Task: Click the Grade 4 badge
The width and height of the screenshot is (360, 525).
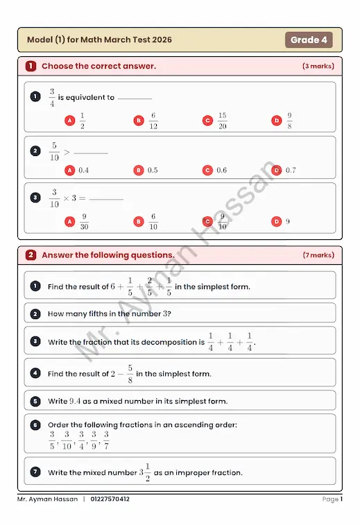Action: pos(309,40)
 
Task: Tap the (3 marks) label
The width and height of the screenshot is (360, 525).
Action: pos(318,66)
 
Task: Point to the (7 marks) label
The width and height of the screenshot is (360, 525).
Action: pos(318,255)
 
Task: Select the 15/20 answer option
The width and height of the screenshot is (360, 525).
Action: pos(222,121)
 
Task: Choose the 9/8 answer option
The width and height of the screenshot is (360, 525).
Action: pos(289,121)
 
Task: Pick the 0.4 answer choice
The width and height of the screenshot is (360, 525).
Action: pos(83,170)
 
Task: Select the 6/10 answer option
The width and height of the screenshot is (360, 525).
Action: pos(153,221)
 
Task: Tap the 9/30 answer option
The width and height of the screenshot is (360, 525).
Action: pos(84,221)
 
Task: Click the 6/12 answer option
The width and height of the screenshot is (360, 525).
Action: pos(153,121)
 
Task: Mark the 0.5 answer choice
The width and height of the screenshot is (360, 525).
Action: pos(153,170)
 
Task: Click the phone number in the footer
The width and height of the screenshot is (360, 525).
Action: pos(110,499)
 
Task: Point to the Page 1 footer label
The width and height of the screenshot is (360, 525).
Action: pos(332,499)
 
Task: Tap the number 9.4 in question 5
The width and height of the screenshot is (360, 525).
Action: pos(76,401)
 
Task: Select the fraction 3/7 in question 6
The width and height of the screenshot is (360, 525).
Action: pos(106,439)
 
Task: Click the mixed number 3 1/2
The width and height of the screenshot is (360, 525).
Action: pos(146,472)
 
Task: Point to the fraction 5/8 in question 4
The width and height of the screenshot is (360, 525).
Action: pos(130,373)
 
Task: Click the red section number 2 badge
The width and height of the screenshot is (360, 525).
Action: pos(31,255)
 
